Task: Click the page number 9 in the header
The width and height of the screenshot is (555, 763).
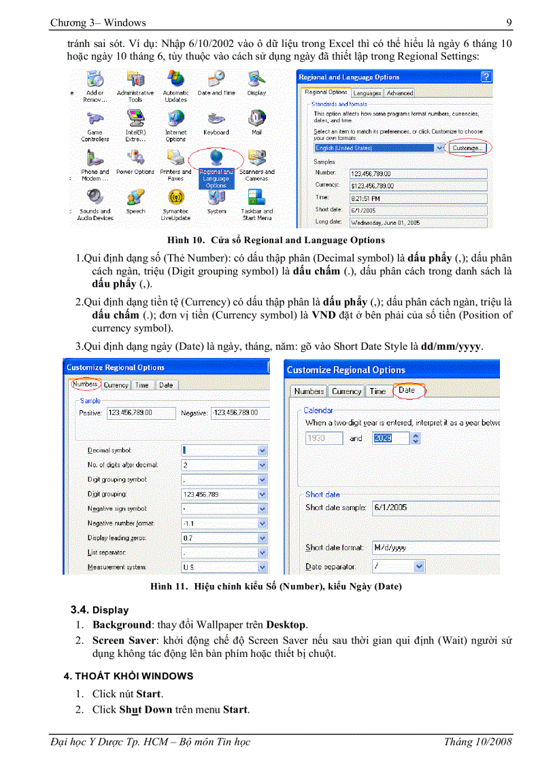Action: [x=509, y=23]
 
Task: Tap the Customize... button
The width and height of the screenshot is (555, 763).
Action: [x=468, y=147]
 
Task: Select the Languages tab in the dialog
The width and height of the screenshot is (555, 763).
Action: [x=367, y=93]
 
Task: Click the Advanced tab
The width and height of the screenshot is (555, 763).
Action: [x=399, y=93]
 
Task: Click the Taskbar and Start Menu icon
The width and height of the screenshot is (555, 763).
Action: [x=256, y=199]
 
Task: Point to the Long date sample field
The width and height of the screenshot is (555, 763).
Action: [x=418, y=221]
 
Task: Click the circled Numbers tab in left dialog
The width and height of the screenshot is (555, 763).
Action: [x=86, y=385]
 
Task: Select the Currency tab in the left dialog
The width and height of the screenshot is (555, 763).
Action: [x=116, y=385]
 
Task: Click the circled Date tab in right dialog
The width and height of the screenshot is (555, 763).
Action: [x=407, y=391]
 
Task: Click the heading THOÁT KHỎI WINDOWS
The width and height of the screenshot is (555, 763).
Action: [x=129, y=676]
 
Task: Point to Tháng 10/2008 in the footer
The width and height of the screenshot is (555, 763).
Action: [x=477, y=741]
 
